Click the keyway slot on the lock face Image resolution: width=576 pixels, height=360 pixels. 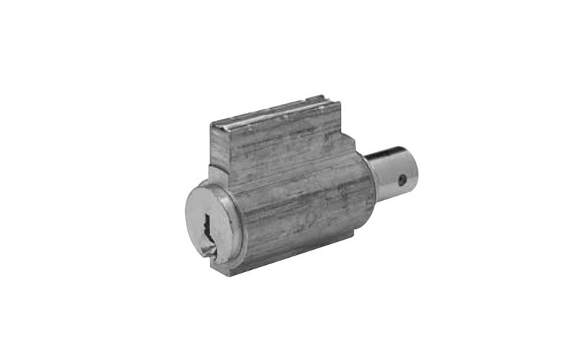207,224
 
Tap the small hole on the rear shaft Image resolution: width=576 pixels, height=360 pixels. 402,177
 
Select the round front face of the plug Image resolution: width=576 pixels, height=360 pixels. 210,224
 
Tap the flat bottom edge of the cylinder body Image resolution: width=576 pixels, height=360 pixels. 302,259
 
